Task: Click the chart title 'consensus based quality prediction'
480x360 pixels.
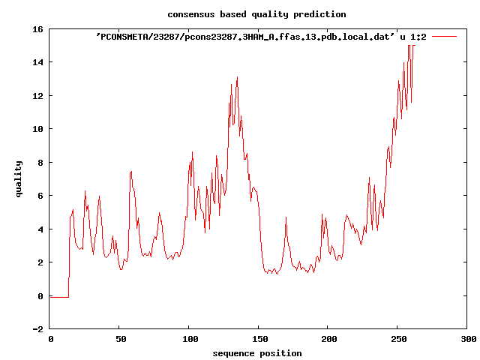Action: pyautogui.click(x=256, y=14)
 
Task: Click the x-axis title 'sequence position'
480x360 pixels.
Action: pyautogui.click(x=256, y=352)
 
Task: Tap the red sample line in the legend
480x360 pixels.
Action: pyautogui.click(x=444, y=36)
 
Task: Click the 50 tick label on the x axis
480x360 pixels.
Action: pyautogui.click(x=120, y=340)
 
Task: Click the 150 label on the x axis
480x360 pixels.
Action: pyautogui.click(x=259, y=340)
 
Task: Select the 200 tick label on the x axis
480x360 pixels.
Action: pyautogui.click(x=328, y=340)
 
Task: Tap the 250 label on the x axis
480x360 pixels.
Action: pyautogui.click(x=398, y=340)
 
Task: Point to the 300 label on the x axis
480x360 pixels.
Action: pyautogui.click(x=467, y=340)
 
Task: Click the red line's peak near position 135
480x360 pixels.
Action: pyautogui.click(x=237, y=77)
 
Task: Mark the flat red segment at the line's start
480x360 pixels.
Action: pyautogui.click(x=59, y=297)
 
